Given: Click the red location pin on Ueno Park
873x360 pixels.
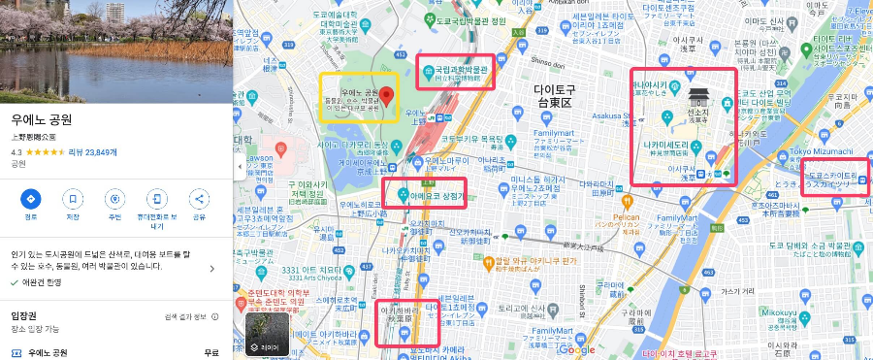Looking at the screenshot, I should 386,96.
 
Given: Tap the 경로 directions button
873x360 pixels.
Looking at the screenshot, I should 30,199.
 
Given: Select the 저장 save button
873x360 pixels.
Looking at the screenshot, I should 73,199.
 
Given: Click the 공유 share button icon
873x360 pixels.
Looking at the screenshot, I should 200,199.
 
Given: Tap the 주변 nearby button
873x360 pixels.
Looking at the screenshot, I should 114,199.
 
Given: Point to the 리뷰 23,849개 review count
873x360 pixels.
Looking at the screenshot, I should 92,152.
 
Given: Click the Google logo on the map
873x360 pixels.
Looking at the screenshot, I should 576,350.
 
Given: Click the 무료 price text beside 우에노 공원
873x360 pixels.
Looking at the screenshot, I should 211,352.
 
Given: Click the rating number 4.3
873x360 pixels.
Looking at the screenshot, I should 16,152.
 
